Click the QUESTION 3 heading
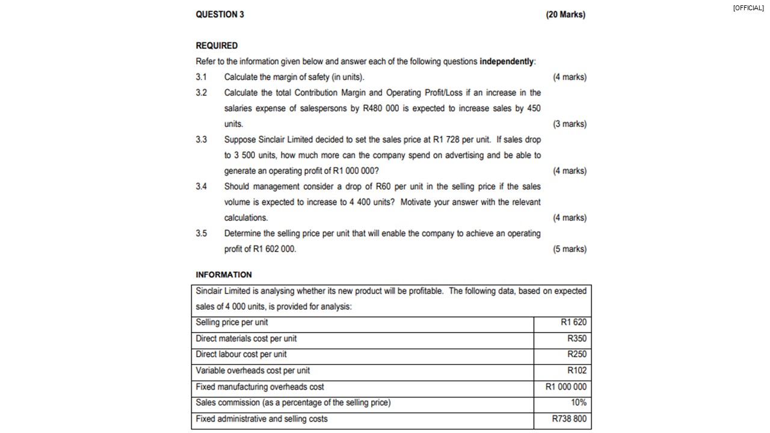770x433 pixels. (x=220, y=14)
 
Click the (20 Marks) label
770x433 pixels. (x=565, y=14)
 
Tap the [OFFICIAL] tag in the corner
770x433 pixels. (x=748, y=8)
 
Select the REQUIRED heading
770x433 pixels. (x=217, y=46)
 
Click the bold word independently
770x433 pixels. (x=507, y=61)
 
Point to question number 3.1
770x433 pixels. (x=201, y=77)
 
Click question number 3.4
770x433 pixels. (x=201, y=186)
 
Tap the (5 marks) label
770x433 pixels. (x=569, y=249)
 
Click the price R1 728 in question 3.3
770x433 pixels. (x=446, y=140)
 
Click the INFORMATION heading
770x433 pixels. (x=224, y=275)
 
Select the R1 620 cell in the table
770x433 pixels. (x=573, y=322)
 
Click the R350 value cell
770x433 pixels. (x=576, y=339)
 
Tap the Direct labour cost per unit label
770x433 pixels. (x=241, y=354)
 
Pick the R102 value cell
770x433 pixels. (x=576, y=370)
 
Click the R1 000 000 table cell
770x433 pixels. (x=565, y=387)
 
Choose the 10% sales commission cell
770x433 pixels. (x=578, y=402)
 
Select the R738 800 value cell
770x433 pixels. (x=568, y=419)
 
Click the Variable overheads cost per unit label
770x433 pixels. (x=253, y=370)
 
